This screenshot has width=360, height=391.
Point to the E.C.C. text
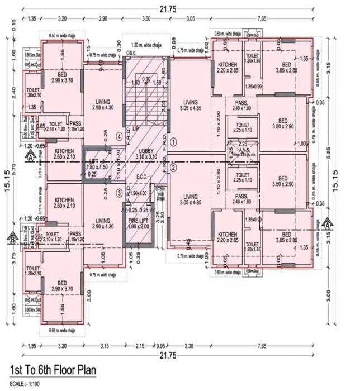click(x=142, y=179)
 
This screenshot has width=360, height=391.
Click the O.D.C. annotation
click(x=131, y=53)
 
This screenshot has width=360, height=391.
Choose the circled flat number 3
click(x=119, y=193)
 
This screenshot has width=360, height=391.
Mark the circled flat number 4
click(x=119, y=136)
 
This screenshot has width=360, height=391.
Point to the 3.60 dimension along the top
click(x=146, y=18)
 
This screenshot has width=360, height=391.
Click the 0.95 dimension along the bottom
click(x=161, y=346)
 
